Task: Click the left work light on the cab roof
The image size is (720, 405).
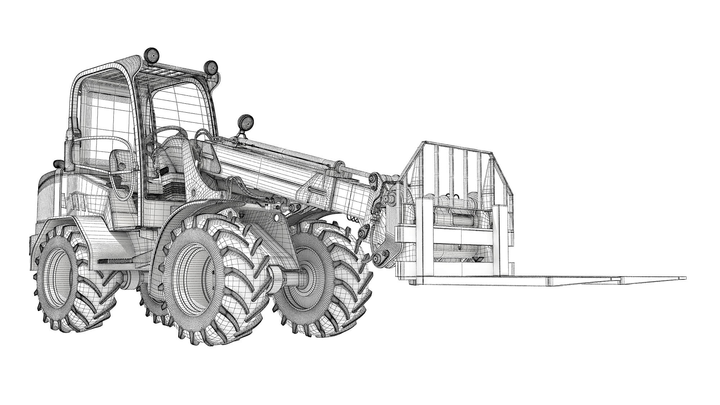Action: click(152, 56)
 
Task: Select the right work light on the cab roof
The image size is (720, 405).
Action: click(211, 67)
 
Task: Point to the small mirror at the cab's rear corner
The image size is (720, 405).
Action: click(58, 164)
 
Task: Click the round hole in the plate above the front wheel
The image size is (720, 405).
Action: click(276, 217)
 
